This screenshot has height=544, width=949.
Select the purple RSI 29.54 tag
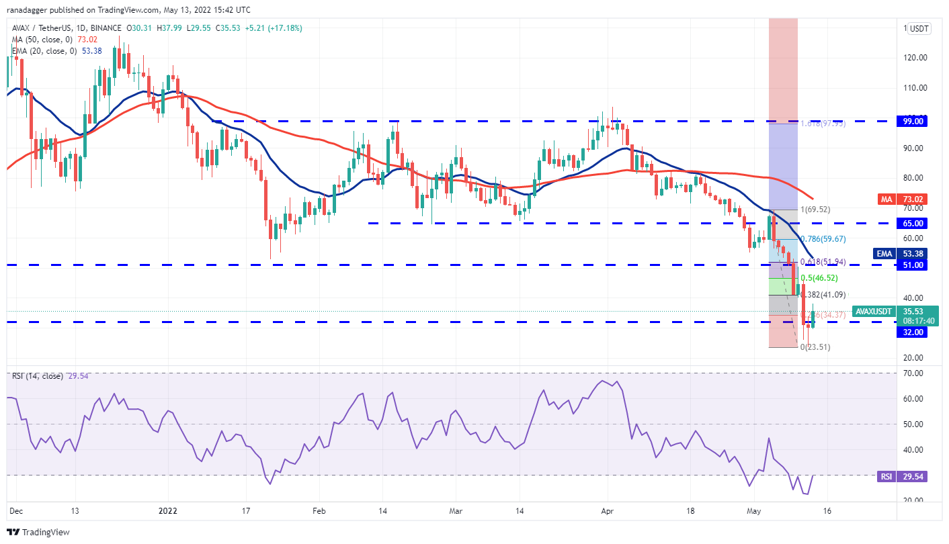click(x=886, y=476)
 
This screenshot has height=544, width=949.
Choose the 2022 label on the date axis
click(x=167, y=511)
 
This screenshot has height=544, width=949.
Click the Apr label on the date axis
click(x=607, y=511)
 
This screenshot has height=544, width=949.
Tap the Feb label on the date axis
click(x=319, y=511)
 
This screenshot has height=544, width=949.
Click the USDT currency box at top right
click(x=918, y=28)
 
